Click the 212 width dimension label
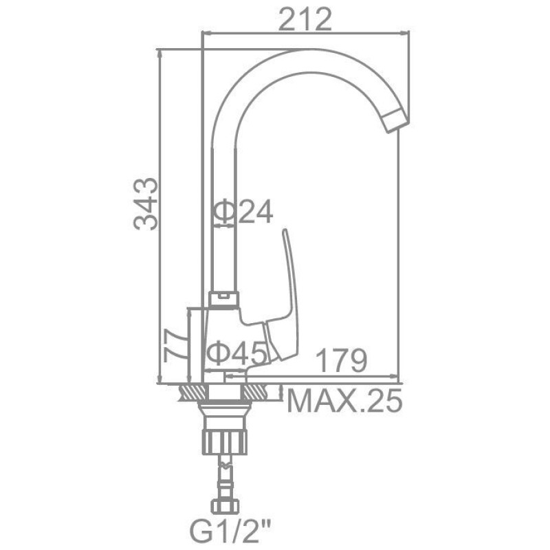coord(305,19)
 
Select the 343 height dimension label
coord(146,203)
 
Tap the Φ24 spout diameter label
coord(243,212)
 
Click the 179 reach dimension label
coord(341,360)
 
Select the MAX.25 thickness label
coord(344,401)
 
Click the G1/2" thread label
coord(231,531)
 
